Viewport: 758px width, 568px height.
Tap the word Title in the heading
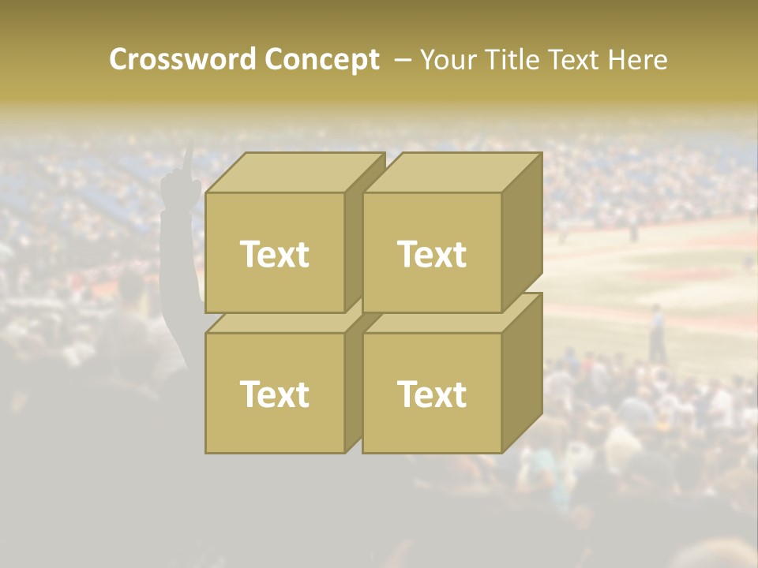pyautogui.click(x=511, y=60)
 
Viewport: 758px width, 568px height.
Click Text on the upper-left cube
pyautogui.click(x=274, y=254)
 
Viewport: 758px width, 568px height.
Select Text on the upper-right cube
pyautogui.click(x=432, y=254)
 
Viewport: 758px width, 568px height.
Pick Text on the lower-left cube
pyautogui.click(x=274, y=394)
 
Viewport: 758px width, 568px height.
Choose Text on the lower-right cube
pyautogui.click(x=432, y=394)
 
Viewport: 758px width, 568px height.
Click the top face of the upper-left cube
pyautogui.click(x=295, y=172)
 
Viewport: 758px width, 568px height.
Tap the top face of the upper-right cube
pyautogui.click(x=452, y=172)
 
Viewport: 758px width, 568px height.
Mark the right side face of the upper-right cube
pyautogui.click(x=523, y=233)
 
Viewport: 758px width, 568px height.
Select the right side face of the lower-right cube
pyautogui.click(x=523, y=372)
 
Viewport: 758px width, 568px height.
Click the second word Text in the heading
pyautogui.click(x=581, y=60)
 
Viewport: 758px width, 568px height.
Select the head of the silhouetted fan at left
pyautogui.click(x=131, y=292)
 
